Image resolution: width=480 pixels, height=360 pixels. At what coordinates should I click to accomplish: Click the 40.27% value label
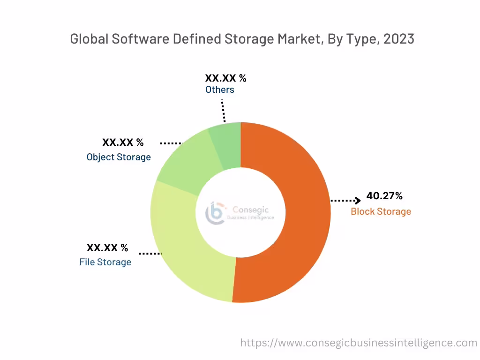384,196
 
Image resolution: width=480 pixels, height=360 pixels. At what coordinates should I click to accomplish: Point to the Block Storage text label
381,211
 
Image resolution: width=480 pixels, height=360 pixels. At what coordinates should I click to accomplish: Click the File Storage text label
105,262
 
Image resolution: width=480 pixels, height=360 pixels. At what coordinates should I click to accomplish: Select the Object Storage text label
119,157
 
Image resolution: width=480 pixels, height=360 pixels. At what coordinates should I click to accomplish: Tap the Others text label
220,89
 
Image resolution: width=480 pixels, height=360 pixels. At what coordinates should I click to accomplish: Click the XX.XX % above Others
225,78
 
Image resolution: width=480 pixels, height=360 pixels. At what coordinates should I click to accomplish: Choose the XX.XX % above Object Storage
123,142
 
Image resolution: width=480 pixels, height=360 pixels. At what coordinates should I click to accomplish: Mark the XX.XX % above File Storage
107,247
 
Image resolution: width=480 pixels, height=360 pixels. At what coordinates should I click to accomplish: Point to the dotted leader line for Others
224,110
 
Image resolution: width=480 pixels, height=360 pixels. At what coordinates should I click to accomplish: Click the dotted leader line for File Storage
150,253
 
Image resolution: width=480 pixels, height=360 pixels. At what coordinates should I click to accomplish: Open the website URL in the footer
359,343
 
